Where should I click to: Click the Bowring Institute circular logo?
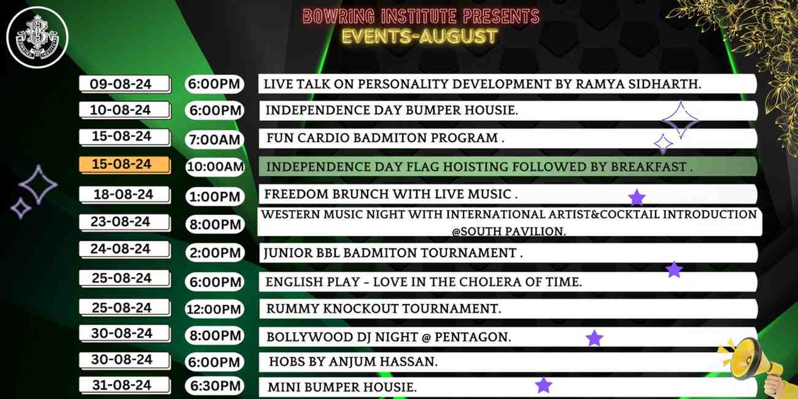(37, 37)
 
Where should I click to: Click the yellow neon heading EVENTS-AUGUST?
(419, 36)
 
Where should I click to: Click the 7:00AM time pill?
(214, 139)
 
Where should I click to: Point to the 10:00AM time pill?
(215, 167)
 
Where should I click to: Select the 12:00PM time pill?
(215, 309)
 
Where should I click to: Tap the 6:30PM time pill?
(215, 386)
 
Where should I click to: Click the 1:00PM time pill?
(215, 196)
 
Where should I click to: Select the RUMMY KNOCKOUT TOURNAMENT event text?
(384, 309)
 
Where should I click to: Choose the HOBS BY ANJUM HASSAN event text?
(354, 362)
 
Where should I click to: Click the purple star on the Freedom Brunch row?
(637, 198)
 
